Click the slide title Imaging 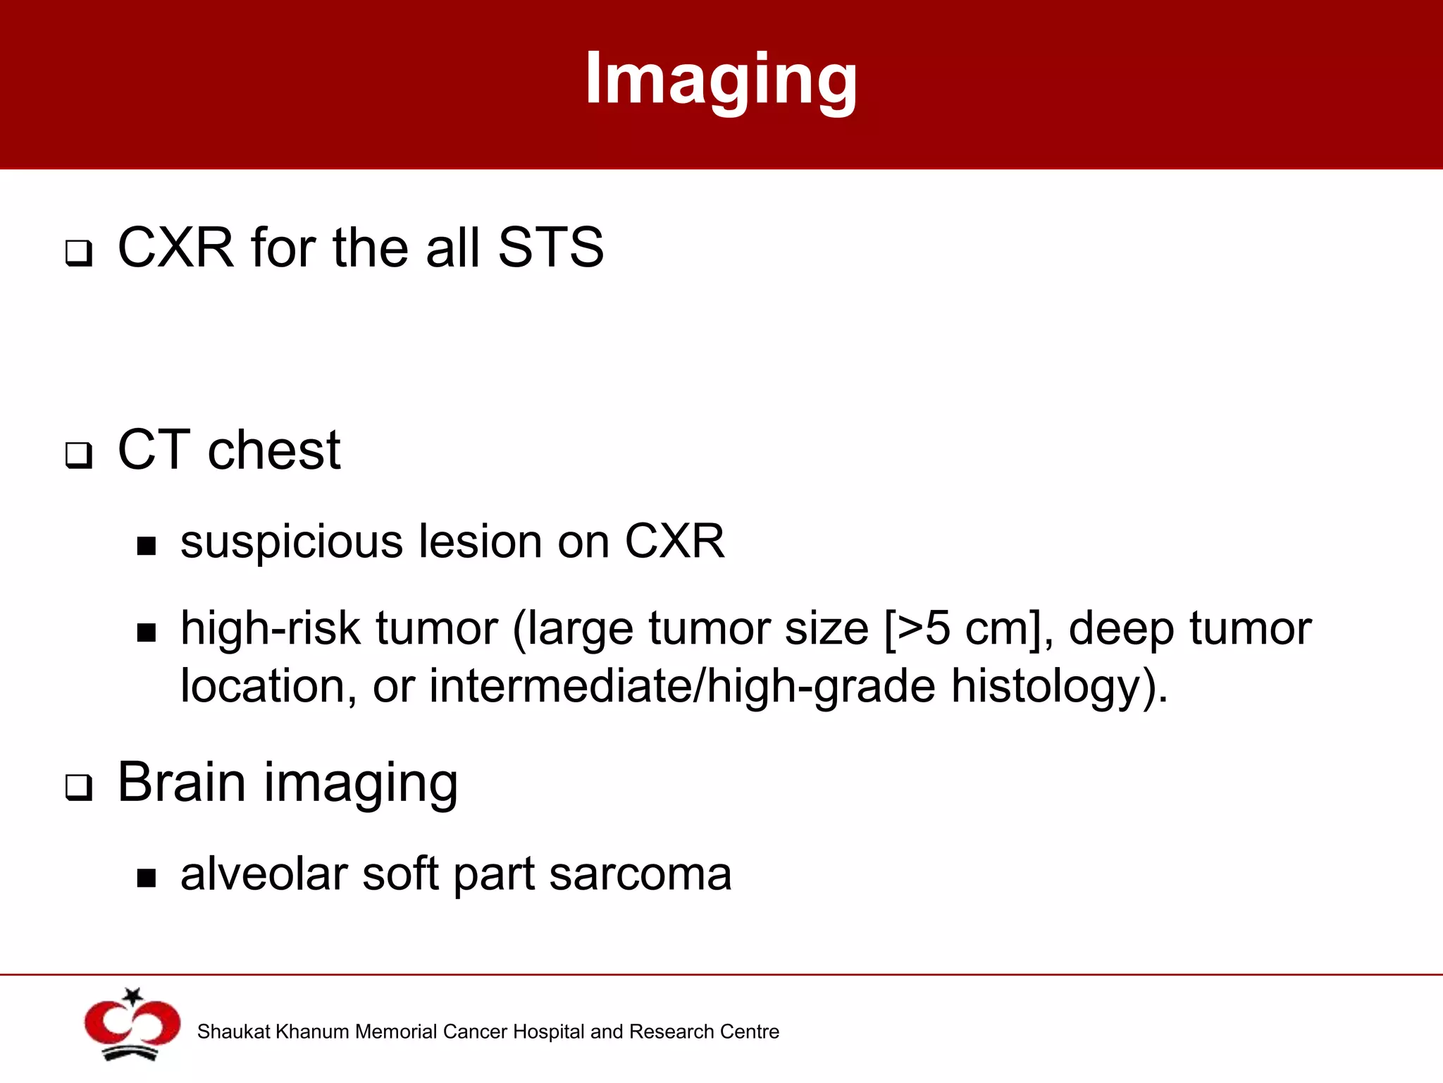721,79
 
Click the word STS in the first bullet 550,248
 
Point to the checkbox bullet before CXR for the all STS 79,252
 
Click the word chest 274,451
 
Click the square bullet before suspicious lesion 147,546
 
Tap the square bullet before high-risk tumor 147,632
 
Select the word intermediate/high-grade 682,687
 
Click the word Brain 182,783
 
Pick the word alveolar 264,874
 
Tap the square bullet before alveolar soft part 147,878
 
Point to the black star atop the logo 132,996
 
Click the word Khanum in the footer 314,1032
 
